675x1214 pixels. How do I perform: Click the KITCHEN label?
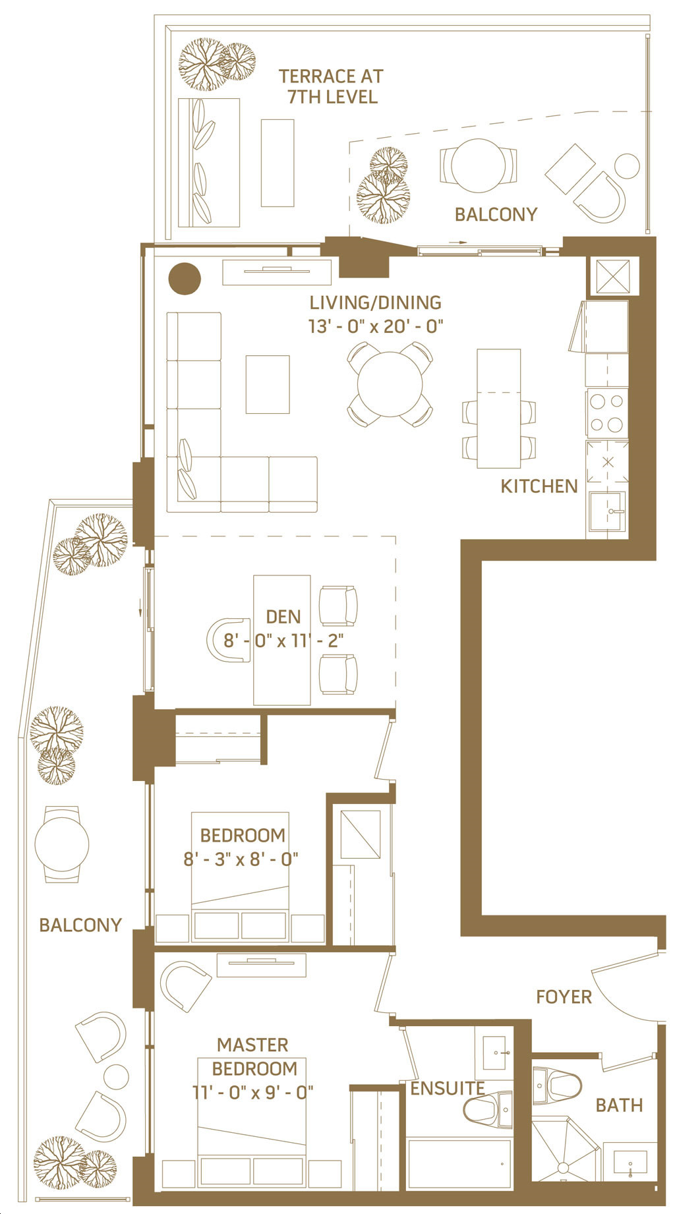pyautogui.click(x=539, y=486)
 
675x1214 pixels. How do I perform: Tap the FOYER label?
pyautogui.click(x=564, y=997)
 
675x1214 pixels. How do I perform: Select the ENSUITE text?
pyautogui.click(x=448, y=1089)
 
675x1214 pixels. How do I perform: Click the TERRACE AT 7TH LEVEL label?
pyautogui.click(x=332, y=86)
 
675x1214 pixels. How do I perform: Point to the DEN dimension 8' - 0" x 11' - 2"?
pyautogui.click(x=283, y=641)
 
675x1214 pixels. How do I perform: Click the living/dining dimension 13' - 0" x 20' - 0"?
pyautogui.click(x=376, y=326)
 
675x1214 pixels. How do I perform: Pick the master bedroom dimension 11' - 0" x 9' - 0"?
pyautogui.click(x=253, y=1092)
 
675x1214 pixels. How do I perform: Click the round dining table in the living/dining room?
pyautogui.click(x=390, y=384)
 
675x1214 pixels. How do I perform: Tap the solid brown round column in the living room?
pyautogui.click(x=185, y=279)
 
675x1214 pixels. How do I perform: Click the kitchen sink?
pyautogui.click(x=607, y=511)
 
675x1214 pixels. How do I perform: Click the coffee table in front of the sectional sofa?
pyautogui.click(x=268, y=384)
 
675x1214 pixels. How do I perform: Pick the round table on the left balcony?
pyautogui.click(x=62, y=844)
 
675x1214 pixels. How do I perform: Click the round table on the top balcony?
pyautogui.click(x=479, y=165)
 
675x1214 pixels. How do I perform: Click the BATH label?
pyautogui.click(x=619, y=1105)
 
